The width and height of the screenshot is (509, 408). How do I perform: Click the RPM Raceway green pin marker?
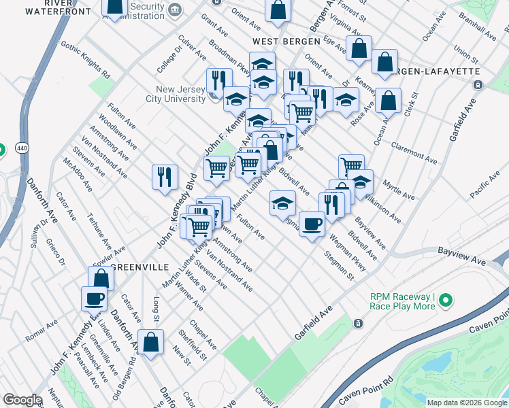446,300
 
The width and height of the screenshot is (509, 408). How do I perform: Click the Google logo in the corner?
22,400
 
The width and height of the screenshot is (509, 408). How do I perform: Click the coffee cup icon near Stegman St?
312,223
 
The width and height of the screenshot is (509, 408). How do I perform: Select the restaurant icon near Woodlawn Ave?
165,177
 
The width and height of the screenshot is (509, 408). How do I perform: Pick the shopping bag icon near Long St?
150,341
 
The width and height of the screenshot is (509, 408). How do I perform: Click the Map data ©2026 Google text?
465,402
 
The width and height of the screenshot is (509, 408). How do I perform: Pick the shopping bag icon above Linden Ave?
101,278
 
